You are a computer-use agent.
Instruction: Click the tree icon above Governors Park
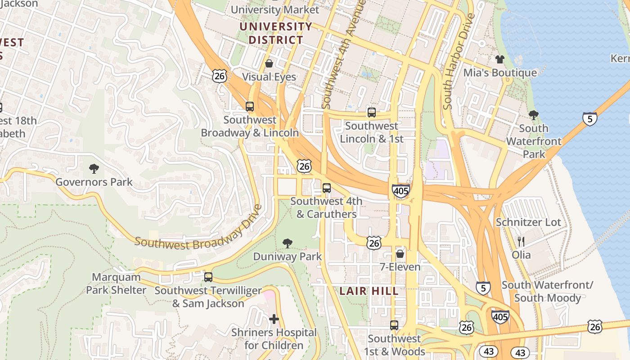tap(94, 169)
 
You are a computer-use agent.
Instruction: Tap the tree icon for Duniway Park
tap(287, 244)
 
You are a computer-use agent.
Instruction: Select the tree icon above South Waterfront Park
tap(534, 115)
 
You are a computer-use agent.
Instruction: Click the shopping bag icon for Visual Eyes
tap(269, 63)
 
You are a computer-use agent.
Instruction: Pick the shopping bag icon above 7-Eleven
tap(400, 254)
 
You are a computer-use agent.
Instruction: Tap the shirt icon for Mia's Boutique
tap(500, 59)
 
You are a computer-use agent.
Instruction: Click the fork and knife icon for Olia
tap(521, 242)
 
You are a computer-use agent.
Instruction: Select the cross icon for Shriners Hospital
tap(274, 319)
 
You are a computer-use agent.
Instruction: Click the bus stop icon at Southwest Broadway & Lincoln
tap(250, 107)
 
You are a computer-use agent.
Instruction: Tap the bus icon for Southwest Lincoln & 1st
tap(372, 112)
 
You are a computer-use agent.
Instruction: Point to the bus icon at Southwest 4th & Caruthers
tap(327, 188)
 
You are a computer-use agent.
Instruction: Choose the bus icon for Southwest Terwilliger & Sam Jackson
tap(208, 277)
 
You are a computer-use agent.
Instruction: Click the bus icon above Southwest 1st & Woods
tap(394, 325)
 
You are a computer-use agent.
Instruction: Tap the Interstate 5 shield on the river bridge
tap(589, 119)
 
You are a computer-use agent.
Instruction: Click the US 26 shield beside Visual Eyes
tap(219, 76)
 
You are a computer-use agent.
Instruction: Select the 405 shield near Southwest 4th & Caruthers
tap(400, 191)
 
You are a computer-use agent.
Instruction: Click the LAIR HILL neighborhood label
tap(369, 291)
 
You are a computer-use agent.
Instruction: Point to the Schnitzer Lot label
tap(528, 222)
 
